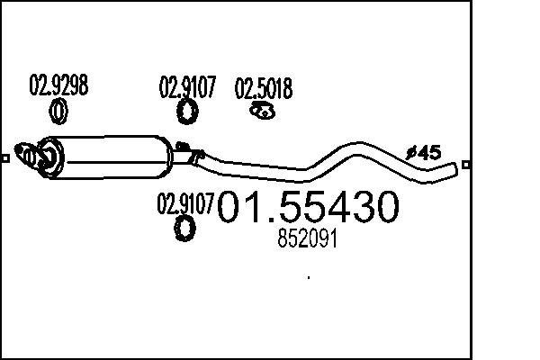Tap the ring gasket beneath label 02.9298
[x=58, y=112]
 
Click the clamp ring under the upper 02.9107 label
[x=187, y=112]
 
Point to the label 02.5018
[x=263, y=89]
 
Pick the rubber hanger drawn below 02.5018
[x=261, y=111]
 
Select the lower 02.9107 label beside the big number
[x=185, y=202]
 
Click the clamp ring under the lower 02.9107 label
[x=184, y=229]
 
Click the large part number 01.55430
[x=308, y=210]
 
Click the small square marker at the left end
[x=5, y=160]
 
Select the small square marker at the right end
[x=465, y=165]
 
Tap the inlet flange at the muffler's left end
[x=34, y=157]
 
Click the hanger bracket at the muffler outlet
[x=184, y=149]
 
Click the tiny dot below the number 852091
[x=308, y=278]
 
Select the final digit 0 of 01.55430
[x=381, y=210]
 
